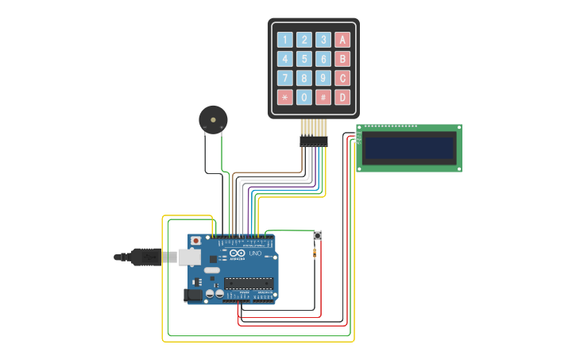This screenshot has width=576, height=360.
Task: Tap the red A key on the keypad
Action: coord(342,40)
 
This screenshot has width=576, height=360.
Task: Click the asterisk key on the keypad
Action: coord(284,98)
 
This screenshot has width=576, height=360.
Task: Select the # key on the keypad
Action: coord(323,98)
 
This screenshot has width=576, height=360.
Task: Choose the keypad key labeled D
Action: coord(342,98)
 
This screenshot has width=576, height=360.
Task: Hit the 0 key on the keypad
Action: coord(304,98)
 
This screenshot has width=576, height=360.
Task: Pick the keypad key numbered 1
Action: coord(284,40)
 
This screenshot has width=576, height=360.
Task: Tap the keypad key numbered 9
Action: coord(323,78)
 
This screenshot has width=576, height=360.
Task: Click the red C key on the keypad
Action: coord(342,78)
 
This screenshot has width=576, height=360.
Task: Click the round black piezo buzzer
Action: coord(213,120)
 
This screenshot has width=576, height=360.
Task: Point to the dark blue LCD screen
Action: coord(408,148)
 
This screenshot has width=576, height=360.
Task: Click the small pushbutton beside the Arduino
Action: coord(317,236)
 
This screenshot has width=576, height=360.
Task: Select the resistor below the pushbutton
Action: coord(315,254)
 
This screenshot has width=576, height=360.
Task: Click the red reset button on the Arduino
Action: coord(195,240)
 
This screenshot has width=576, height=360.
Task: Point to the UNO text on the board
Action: coord(255,254)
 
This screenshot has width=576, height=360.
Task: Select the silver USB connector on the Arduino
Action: coord(187,257)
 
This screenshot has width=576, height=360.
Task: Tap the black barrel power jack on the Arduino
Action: coord(192,295)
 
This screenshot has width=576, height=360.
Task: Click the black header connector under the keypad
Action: coord(313,141)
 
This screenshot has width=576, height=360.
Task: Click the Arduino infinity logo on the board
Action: coord(237,254)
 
